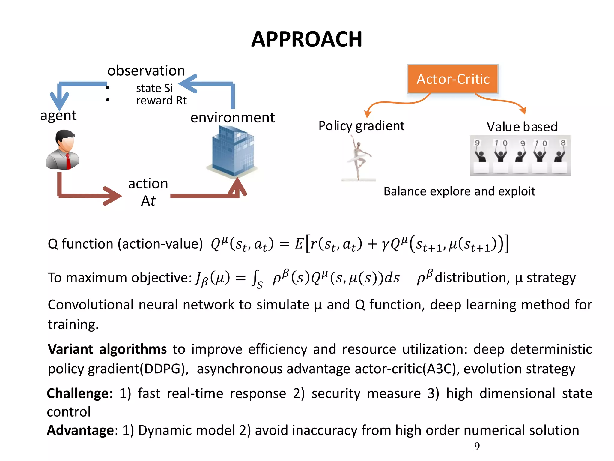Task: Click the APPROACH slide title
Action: click(x=307, y=39)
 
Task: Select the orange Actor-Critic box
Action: click(x=453, y=79)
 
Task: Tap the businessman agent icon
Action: click(x=63, y=150)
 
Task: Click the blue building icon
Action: click(x=233, y=151)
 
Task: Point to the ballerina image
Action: click(x=358, y=158)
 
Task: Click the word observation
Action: click(x=146, y=71)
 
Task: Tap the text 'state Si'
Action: click(x=154, y=88)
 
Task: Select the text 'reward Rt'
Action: click(x=161, y=101)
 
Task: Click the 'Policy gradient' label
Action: click(x=361, y=126)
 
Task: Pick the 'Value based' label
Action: click(x=522, y=127)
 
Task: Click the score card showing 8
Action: click(x=563, y=143)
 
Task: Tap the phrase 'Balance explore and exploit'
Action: click(x=459, y=191)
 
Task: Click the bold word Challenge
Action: click(x=78, y=393)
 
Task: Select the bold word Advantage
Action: click(x=80, y=430)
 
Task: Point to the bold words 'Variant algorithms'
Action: click(x=107, y=349)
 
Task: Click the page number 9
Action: click(x=477, y=446)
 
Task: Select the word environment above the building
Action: click(x=233, y=118)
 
